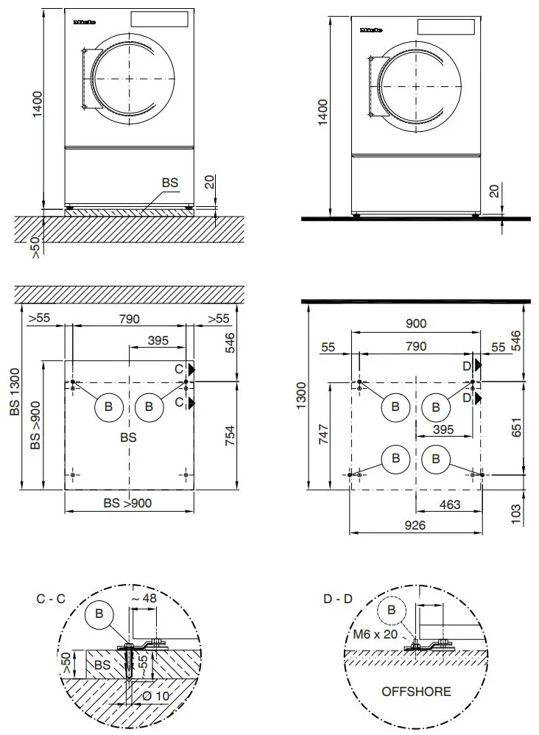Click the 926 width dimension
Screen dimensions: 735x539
pyautogui.click(x=415, y=527)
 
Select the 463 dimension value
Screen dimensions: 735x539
pyautogui.click(x=449, y=504)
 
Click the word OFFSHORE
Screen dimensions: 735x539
pyautogui.click(x=416, y=692)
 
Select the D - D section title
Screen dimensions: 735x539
pyautogui.click(x=338, y=599)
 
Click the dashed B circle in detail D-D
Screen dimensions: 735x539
pyautogui.click(x=391, y=610)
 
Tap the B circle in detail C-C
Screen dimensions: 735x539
pyautogui.click(x=99, y=613)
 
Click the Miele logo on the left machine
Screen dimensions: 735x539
pyautogui.click(x=85, y=23)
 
